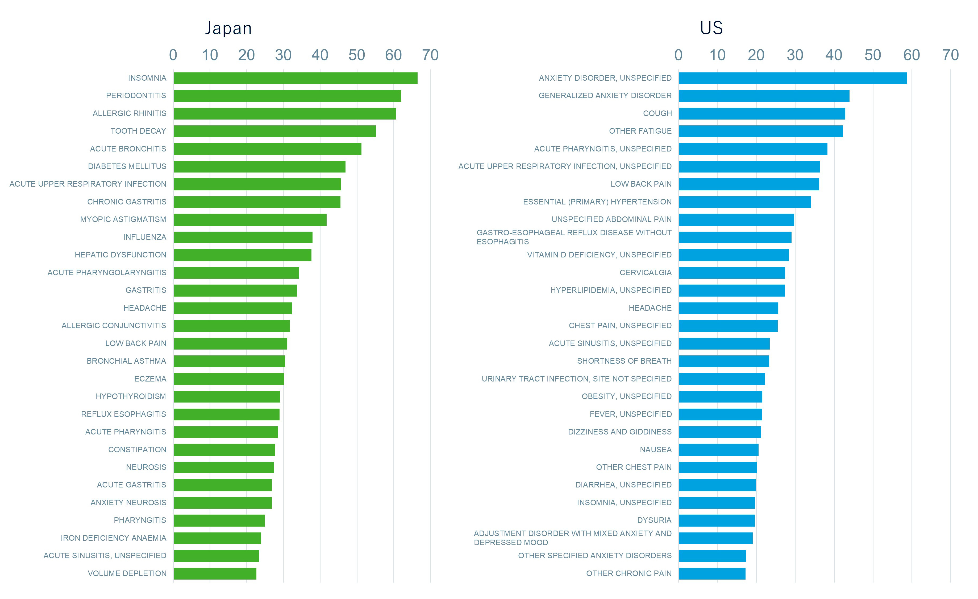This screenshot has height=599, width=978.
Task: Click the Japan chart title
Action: tap(228, 28)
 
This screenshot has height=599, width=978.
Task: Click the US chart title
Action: tap(711, 28)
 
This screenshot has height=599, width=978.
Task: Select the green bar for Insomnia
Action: tap(295, 78)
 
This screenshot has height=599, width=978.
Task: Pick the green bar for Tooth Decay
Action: tap(275, 131)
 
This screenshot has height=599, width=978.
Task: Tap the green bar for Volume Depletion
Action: tap(215, 574)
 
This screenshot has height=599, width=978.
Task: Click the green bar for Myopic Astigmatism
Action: tap(250, 220)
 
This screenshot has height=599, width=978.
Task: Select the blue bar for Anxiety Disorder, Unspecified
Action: tap(792, 78)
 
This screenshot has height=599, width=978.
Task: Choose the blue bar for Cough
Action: tap(762, 114)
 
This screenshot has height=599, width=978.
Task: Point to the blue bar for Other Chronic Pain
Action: tap(712, 574)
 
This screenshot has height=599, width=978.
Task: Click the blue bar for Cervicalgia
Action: tap(731, 273)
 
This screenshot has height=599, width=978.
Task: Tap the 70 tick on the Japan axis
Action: tap(430, 55)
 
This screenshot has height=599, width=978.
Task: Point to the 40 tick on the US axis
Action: tap(834, 55)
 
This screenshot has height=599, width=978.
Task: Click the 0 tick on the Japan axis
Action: tap(173, 55)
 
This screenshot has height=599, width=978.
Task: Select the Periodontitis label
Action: tap(136, 96)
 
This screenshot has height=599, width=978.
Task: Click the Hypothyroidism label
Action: tap(131, 396)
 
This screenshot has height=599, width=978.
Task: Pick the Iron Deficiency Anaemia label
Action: tap(114, 538)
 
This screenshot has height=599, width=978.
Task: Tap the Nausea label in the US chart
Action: tap(655, 450)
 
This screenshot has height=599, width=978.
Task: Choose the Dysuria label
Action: tap(654, 520)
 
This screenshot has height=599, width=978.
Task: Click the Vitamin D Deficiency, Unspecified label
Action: tap(599, 255)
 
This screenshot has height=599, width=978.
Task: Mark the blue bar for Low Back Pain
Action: tap(748, 184)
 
